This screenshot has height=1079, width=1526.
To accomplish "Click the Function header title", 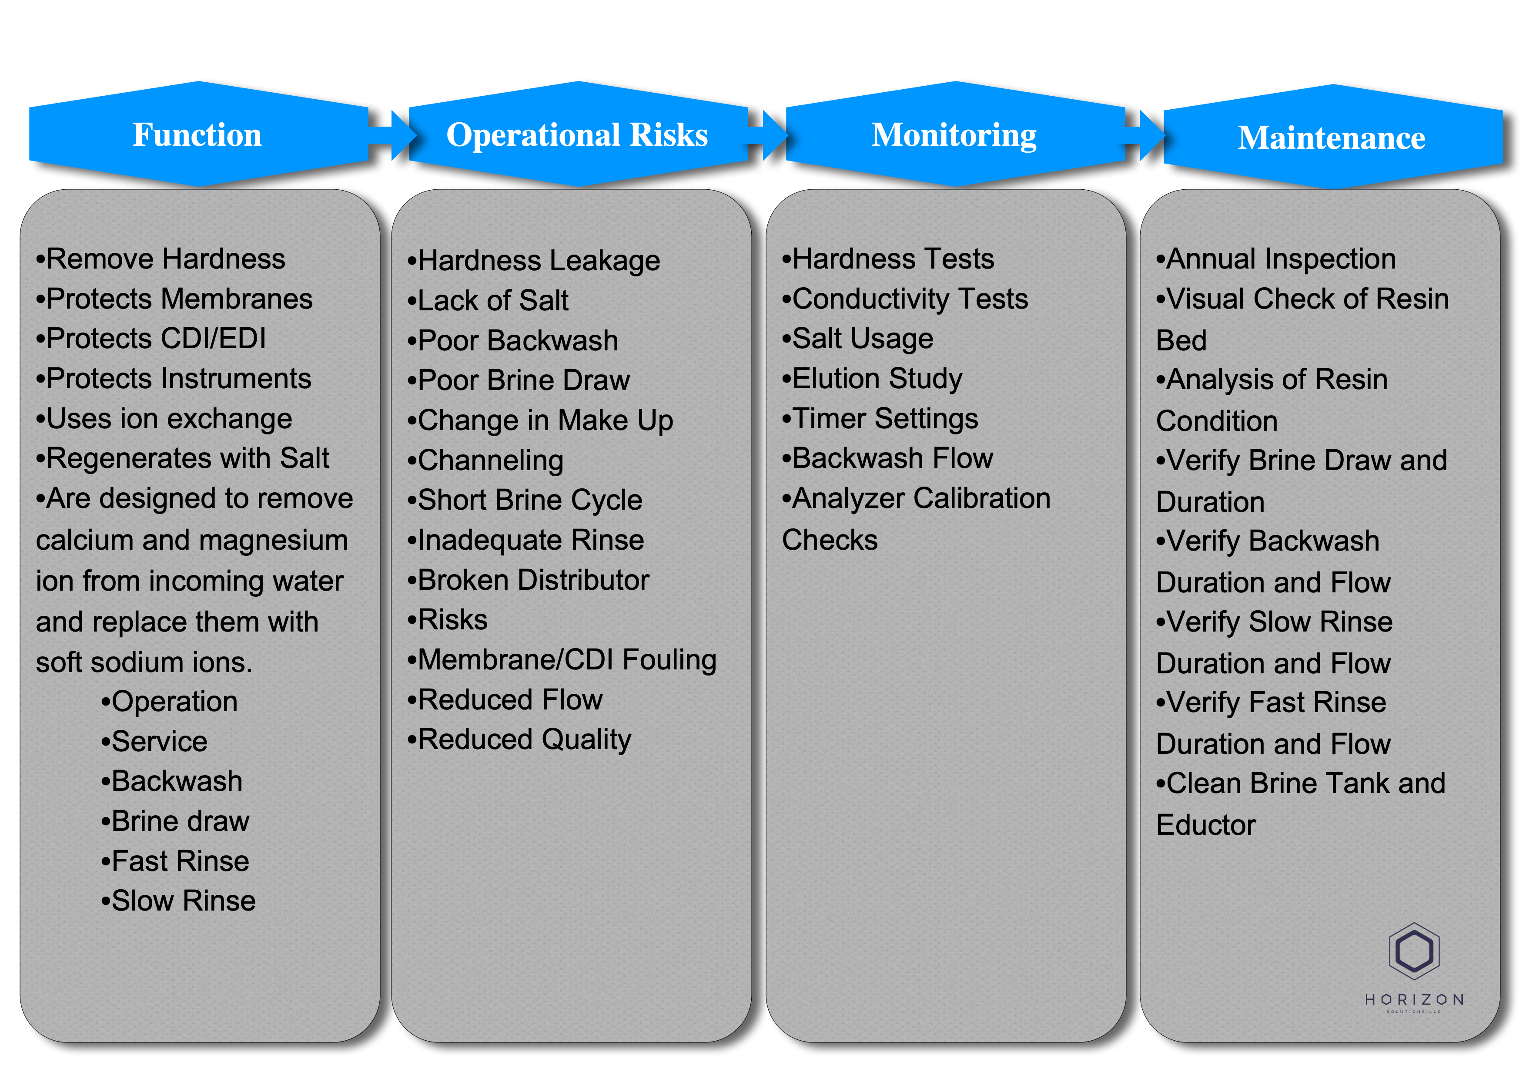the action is [197, 135].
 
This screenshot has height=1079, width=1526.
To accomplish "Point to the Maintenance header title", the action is [1331, 138].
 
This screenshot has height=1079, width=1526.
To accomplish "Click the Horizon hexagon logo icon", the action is [1414, 951].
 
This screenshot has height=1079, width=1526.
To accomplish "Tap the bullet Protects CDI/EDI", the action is [151, 338].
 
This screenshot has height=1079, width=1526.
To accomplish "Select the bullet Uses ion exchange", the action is [164, 419].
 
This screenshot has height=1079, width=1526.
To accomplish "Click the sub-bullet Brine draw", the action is [175, 821].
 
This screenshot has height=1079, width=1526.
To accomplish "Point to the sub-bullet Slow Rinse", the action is [178, 901].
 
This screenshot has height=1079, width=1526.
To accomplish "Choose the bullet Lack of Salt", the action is [488, 300].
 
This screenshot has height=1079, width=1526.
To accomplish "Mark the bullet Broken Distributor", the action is [529, 580].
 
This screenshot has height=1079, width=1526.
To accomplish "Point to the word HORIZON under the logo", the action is [1414, 1000].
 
